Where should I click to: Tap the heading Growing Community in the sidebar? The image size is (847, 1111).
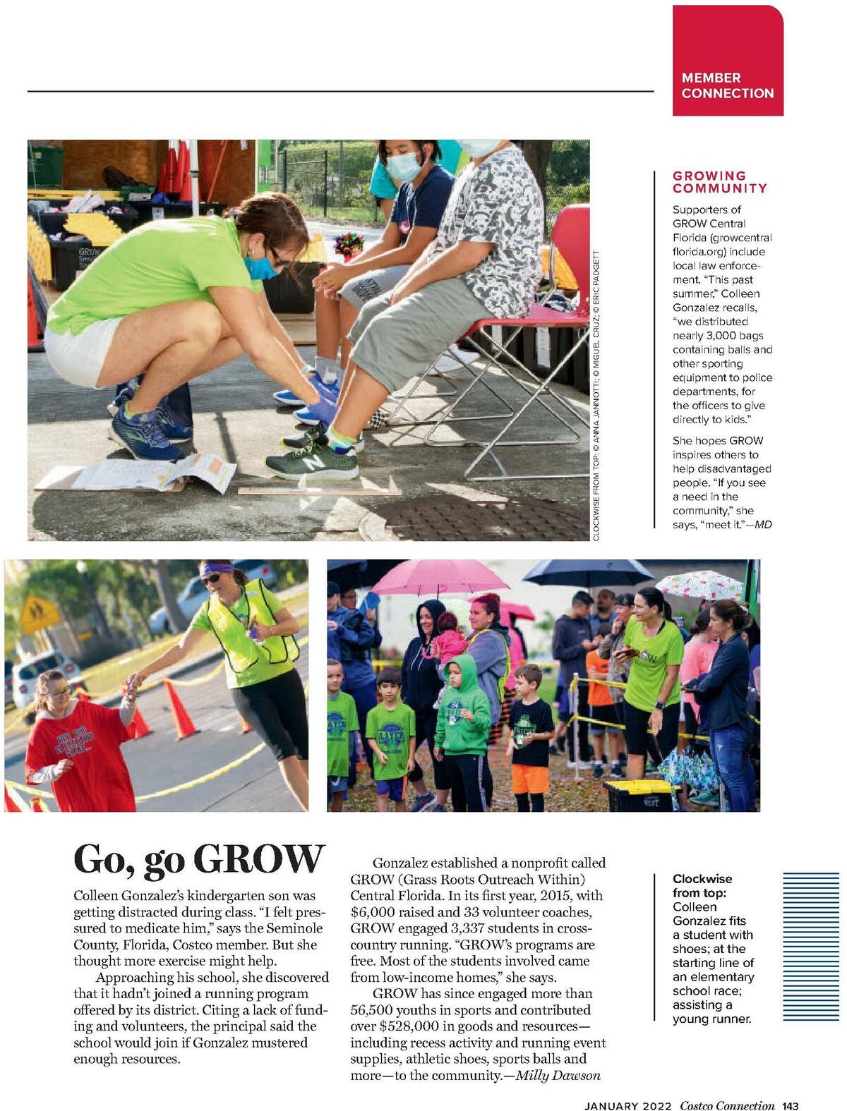coord(719,182)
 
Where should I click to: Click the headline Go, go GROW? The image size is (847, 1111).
coord(199,859)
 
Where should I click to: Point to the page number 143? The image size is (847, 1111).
coord(790,1105)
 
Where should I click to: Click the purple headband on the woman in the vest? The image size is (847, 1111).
coord(217,569)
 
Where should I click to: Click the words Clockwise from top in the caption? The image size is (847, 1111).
coord(702,886)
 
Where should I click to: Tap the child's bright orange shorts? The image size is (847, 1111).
coord(530,778)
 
